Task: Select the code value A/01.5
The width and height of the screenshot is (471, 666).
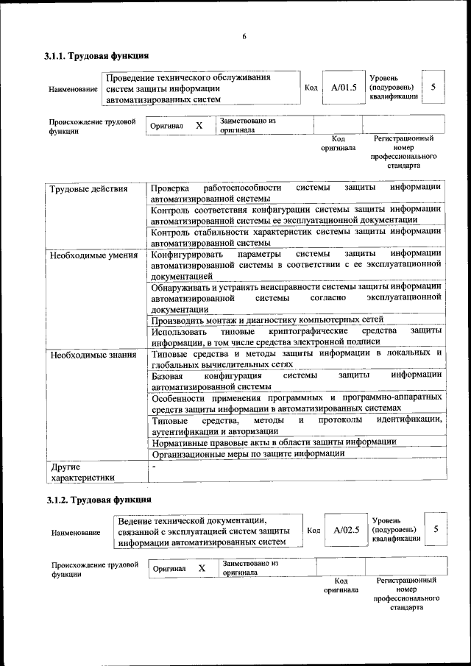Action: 344,88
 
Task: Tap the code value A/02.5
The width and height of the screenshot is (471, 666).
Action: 346,529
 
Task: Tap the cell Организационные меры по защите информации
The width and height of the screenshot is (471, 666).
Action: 248,453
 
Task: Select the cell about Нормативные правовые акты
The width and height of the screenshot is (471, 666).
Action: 274,442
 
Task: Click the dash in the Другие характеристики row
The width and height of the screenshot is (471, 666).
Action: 154,467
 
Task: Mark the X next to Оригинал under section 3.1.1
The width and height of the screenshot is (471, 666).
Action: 199,126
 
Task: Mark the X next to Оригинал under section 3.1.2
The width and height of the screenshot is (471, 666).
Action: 202,569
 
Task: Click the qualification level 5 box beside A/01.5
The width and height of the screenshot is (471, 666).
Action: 433,87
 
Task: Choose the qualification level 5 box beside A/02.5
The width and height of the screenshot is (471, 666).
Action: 436,528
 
